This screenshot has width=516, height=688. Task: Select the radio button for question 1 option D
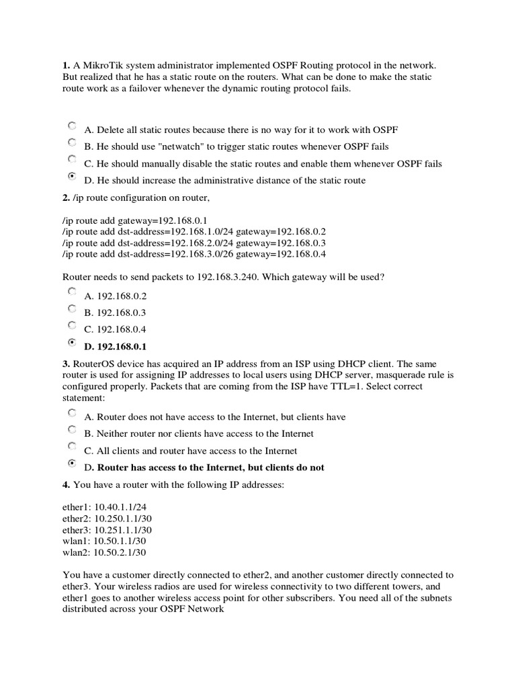tap(73, 176)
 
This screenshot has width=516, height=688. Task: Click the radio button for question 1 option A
tap(73, 126)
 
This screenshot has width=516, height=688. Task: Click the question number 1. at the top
tap(67, 65)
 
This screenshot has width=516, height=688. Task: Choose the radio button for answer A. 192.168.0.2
tap(73, 292)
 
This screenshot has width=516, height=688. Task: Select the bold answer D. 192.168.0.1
tap(115, 347)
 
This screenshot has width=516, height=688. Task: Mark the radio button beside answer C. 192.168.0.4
tap(73, 326)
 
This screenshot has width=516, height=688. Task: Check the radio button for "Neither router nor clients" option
tap(73, 430)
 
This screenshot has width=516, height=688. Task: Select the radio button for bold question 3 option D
tap(73, 464)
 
